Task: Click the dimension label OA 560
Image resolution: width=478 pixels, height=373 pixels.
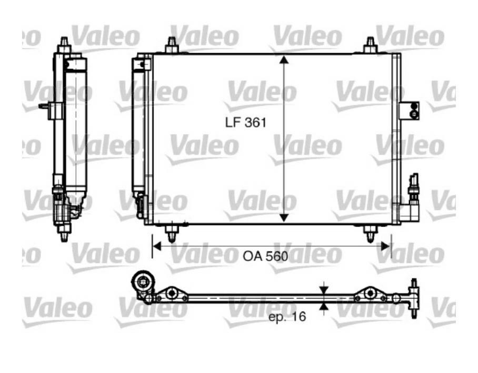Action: coord(265,257)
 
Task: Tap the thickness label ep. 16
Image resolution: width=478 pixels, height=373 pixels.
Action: coord(287,317)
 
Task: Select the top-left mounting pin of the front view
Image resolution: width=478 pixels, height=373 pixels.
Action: coord(172,45)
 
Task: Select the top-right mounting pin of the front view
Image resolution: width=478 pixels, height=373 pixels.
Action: coord(370,45)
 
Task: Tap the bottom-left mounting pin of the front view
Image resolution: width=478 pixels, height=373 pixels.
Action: coord(172,232)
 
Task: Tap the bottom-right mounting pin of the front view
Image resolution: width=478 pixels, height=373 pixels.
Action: coord(371,232)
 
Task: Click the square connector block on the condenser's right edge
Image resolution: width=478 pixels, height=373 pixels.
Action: coord(410,110)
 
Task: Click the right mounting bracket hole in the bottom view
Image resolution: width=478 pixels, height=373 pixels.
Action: coord(371,293)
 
